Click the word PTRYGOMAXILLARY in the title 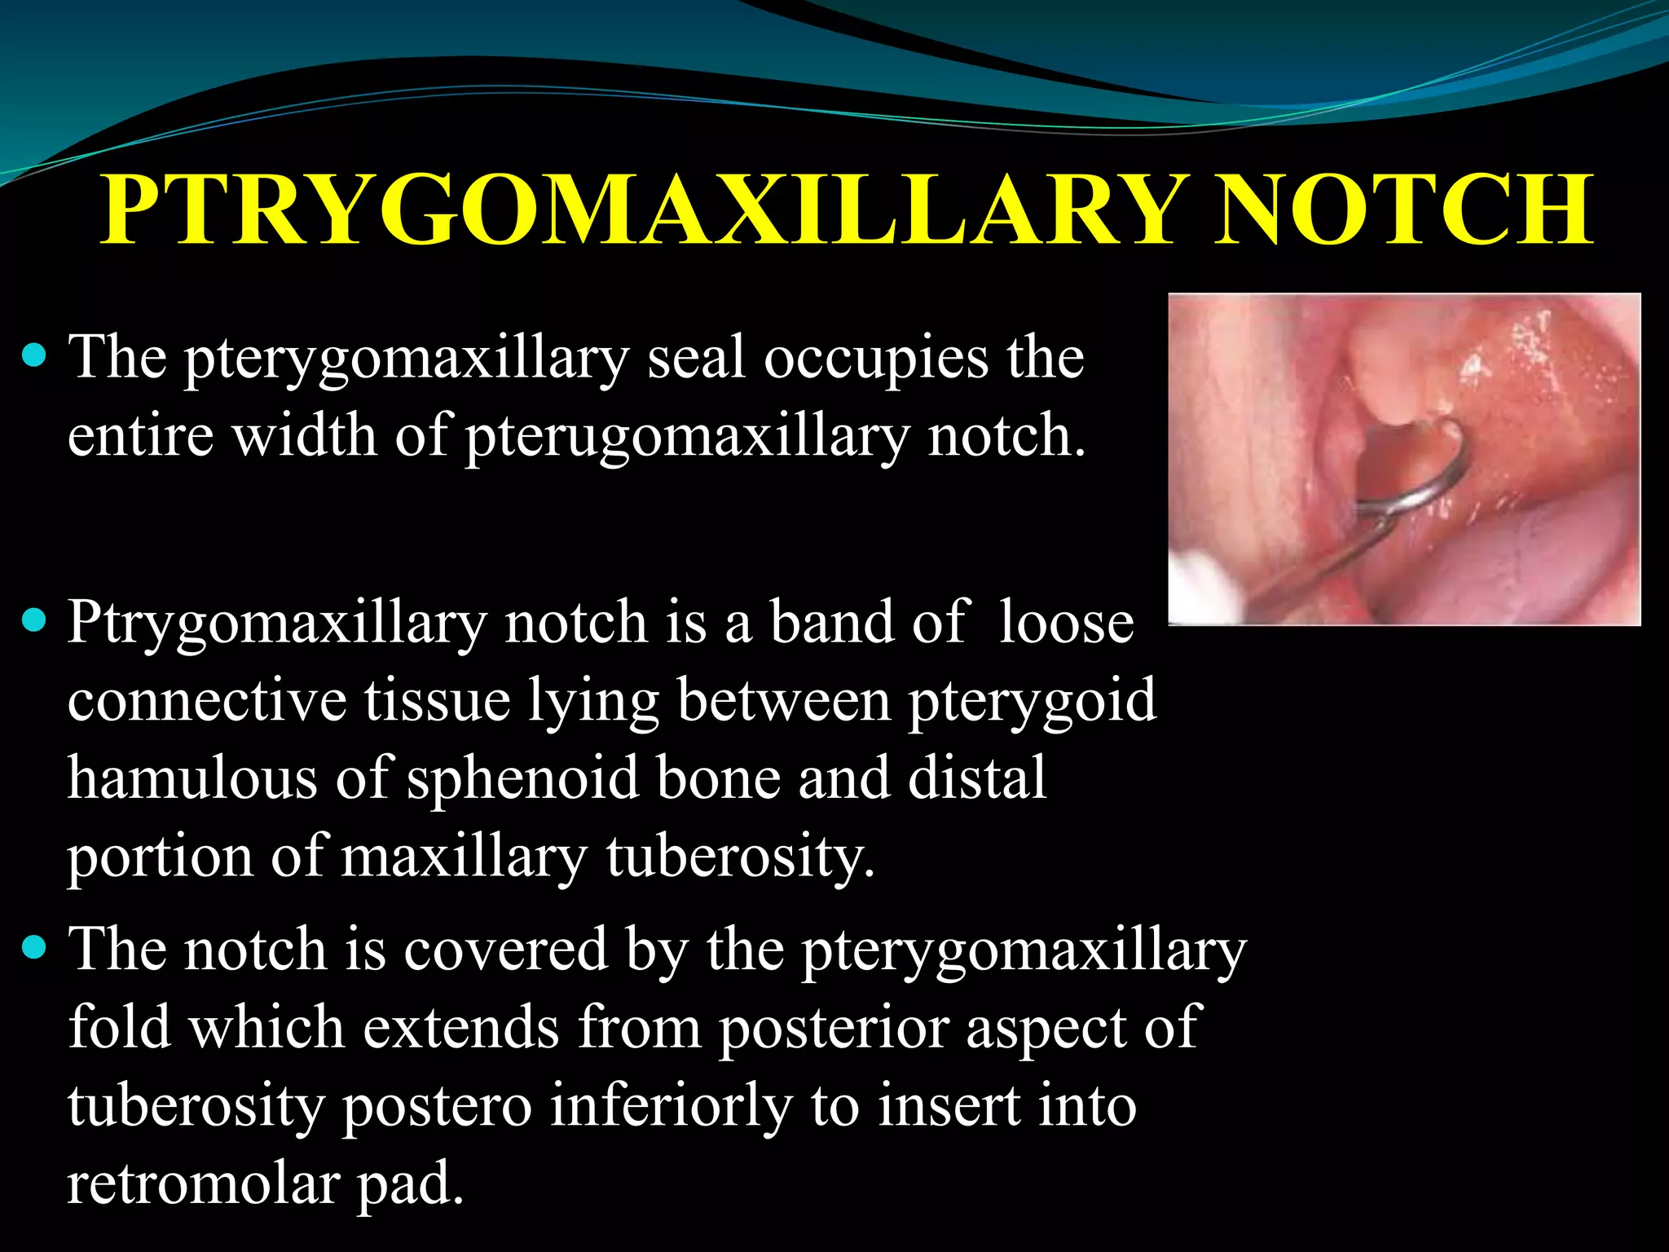point(640,210)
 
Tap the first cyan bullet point point(33,356)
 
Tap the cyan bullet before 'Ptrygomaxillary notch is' point(33,621)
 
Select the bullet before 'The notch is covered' point(33,947)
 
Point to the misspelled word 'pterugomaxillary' point(686,437)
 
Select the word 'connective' point(207,701)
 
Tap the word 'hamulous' point(192,778)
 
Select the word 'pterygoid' point(1033,701)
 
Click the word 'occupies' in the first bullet point(875,359)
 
